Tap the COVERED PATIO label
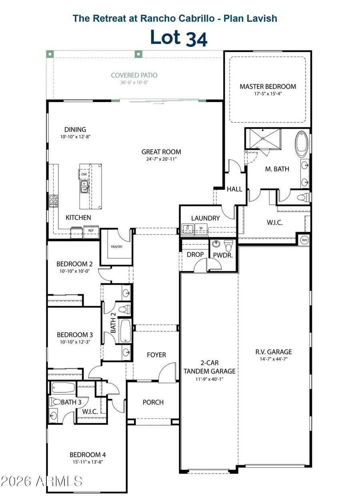(134, 75)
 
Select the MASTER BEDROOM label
(268, 86)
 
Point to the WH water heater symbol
(304, 240)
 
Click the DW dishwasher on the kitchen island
(84, 174)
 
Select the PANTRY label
(117, 247)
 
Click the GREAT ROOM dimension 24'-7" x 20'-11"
(161, 159)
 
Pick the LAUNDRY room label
(206, 218)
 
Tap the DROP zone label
(195, 254)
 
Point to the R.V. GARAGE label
(274, 352)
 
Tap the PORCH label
(153, 402)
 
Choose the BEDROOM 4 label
(88, 455)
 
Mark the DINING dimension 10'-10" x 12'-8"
(75, 136)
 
